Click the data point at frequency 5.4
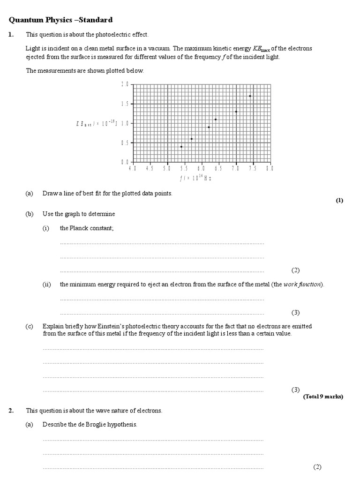pyautogui.click(x=181, y=147)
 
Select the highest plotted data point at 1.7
pyautogui.click(x=250, y=96)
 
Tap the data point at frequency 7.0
pyautogui.click(x=236, y=112)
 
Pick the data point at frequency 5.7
pyautogui.click(x=191, y=139)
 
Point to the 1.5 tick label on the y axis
pyautogui.click(x=124, y=104)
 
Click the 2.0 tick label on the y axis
pyautogui.click(x=124, y=84)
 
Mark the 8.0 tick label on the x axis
pyautogui.click(x=270, y=168)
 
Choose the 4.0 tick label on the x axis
pyautogui.click(x=133, y=168)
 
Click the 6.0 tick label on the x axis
pyautogui.click(x=201, y=168)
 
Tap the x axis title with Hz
pyautogui.click(x=196, y=177)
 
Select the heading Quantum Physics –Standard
pyautogui.click(x=61, y=20)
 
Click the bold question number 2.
pyautogui.click(x=11, y=411)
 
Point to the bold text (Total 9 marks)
pyautogui.click(x=323, y=397)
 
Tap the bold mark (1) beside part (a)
pyautogui.click(x=339, y=201)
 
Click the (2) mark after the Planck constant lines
pyautogui.click(x=295, y=270)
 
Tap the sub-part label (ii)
pyautogui.click(x=47, y=285)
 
